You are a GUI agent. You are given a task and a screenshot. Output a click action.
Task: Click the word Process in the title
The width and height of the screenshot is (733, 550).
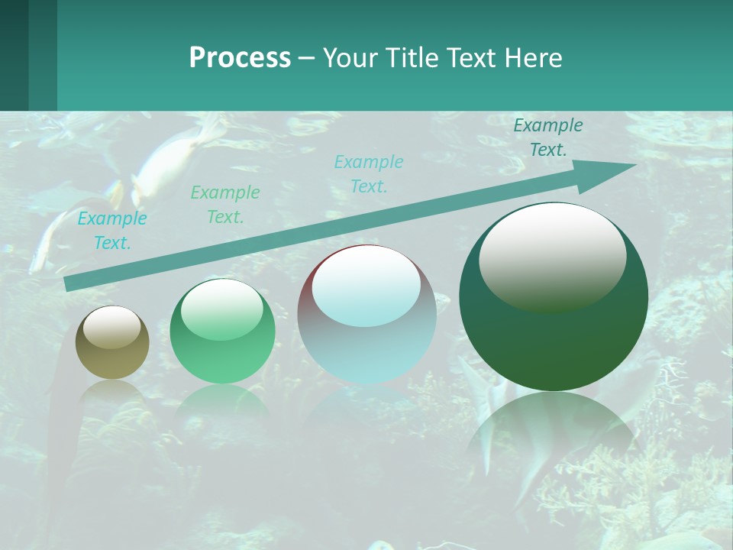tap(240, 58)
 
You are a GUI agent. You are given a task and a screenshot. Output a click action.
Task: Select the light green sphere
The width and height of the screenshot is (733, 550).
tap(222, 332)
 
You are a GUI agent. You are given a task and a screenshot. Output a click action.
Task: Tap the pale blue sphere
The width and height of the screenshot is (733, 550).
tap(366, 315)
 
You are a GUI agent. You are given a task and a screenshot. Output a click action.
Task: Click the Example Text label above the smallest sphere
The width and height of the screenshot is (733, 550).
tap(112, 231)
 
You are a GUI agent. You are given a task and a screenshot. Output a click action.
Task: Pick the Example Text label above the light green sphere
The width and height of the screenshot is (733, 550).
tap(225, 204)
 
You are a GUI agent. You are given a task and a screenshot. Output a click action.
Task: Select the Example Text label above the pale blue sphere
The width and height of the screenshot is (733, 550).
tap(369, 173)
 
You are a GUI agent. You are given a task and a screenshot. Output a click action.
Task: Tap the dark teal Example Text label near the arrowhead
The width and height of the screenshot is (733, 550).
tap(548, 137)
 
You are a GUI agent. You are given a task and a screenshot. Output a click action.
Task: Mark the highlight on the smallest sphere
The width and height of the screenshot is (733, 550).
tap(112, 327)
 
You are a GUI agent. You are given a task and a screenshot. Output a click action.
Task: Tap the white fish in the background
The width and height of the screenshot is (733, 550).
tap(172, 160)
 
